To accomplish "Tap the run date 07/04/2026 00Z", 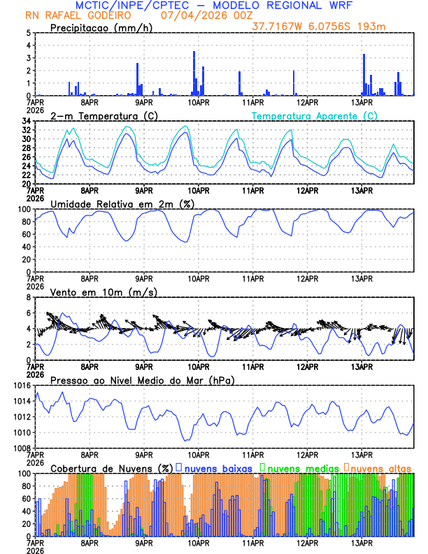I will coord(197,15).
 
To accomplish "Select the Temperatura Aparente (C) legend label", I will coord(315,116).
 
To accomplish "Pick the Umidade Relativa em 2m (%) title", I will coord(122,204).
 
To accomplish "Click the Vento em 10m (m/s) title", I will coord(104,292).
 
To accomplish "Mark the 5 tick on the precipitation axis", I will coord(28,33).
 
